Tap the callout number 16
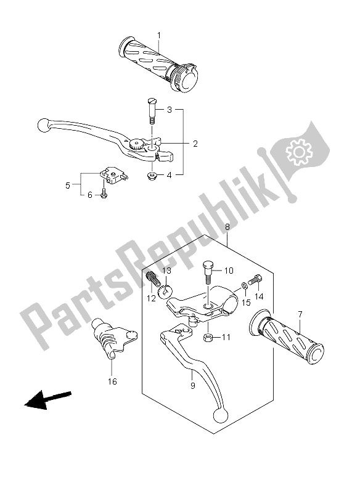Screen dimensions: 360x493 112,381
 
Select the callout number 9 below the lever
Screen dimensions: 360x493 193,386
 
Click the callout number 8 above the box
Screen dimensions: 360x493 227,227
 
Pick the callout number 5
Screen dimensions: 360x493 68,185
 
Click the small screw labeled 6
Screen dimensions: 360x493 103,195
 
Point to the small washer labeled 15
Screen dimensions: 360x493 244,286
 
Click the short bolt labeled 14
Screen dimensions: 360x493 255,279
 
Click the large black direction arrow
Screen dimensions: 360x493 48,399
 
